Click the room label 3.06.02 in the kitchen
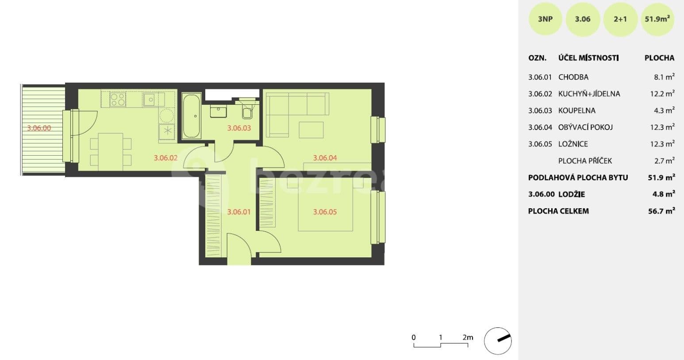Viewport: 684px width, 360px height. [x=165, y=157]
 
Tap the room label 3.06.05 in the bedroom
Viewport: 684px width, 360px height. [x=325, y=212]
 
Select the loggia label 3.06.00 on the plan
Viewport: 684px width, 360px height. [x=39, y=128]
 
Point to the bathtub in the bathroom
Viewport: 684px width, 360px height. [x=191, y=116]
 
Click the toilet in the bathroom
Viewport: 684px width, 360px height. [x=248, y=111]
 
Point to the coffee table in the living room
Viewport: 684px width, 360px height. [x=311, y=130]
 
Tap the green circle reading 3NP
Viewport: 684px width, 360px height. [x=545, y=19]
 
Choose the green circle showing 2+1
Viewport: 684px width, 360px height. [x=620, y=19]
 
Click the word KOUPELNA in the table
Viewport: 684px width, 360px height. [x=577, y=111]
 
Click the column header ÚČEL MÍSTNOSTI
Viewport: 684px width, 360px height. [x=588, y=58]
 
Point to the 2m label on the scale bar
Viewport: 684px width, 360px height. [x=468, y=337]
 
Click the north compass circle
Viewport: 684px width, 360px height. [x=498, y=341]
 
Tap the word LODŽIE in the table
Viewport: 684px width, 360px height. [x=572, y=194]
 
